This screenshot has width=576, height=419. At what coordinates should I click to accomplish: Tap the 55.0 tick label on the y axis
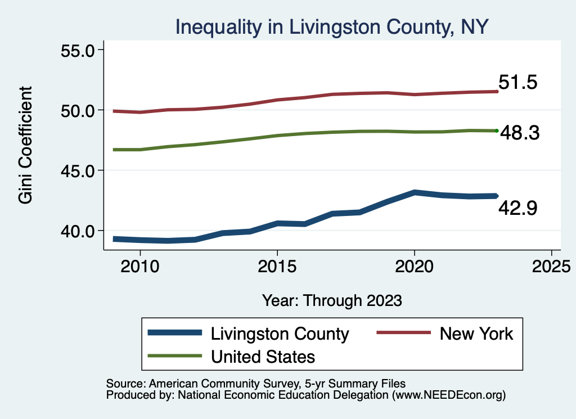coord(78,50)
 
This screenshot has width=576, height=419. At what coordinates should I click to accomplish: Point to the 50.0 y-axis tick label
coord(78,110)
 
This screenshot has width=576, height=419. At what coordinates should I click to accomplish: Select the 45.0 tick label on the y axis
coord(78,170)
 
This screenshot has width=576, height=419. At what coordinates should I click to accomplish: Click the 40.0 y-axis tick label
coord(78,231)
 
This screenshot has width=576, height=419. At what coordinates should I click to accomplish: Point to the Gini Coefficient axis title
coord(25,145)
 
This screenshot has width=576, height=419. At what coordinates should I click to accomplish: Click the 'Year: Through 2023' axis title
coord(332,300)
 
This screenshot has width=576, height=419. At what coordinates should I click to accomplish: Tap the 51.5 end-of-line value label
coord(518,83)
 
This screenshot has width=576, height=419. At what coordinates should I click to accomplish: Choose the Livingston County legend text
coord(280,334)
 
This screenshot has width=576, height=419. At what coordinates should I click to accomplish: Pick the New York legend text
coord(476,334)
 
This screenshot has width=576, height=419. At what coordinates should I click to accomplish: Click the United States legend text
coord(263,356)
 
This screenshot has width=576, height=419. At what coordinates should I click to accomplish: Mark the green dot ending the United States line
coord(497,131)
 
